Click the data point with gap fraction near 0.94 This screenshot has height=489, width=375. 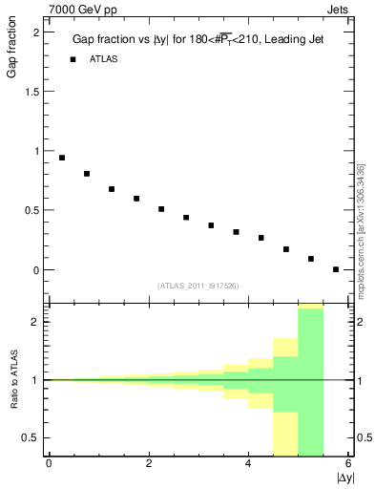tap(62, 158)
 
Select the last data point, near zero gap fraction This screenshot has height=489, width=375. tap(336, 269)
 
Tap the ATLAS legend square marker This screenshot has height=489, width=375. tap(73, 59)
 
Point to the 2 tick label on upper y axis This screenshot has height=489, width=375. tap(36, 32)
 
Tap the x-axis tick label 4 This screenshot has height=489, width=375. tap(248, 463)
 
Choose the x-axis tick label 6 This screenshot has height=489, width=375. tap(348, 463)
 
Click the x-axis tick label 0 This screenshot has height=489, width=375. tap(49, 463)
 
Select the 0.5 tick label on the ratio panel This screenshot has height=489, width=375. tap(31, 438)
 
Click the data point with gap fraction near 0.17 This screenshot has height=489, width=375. tap(286, 249)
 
